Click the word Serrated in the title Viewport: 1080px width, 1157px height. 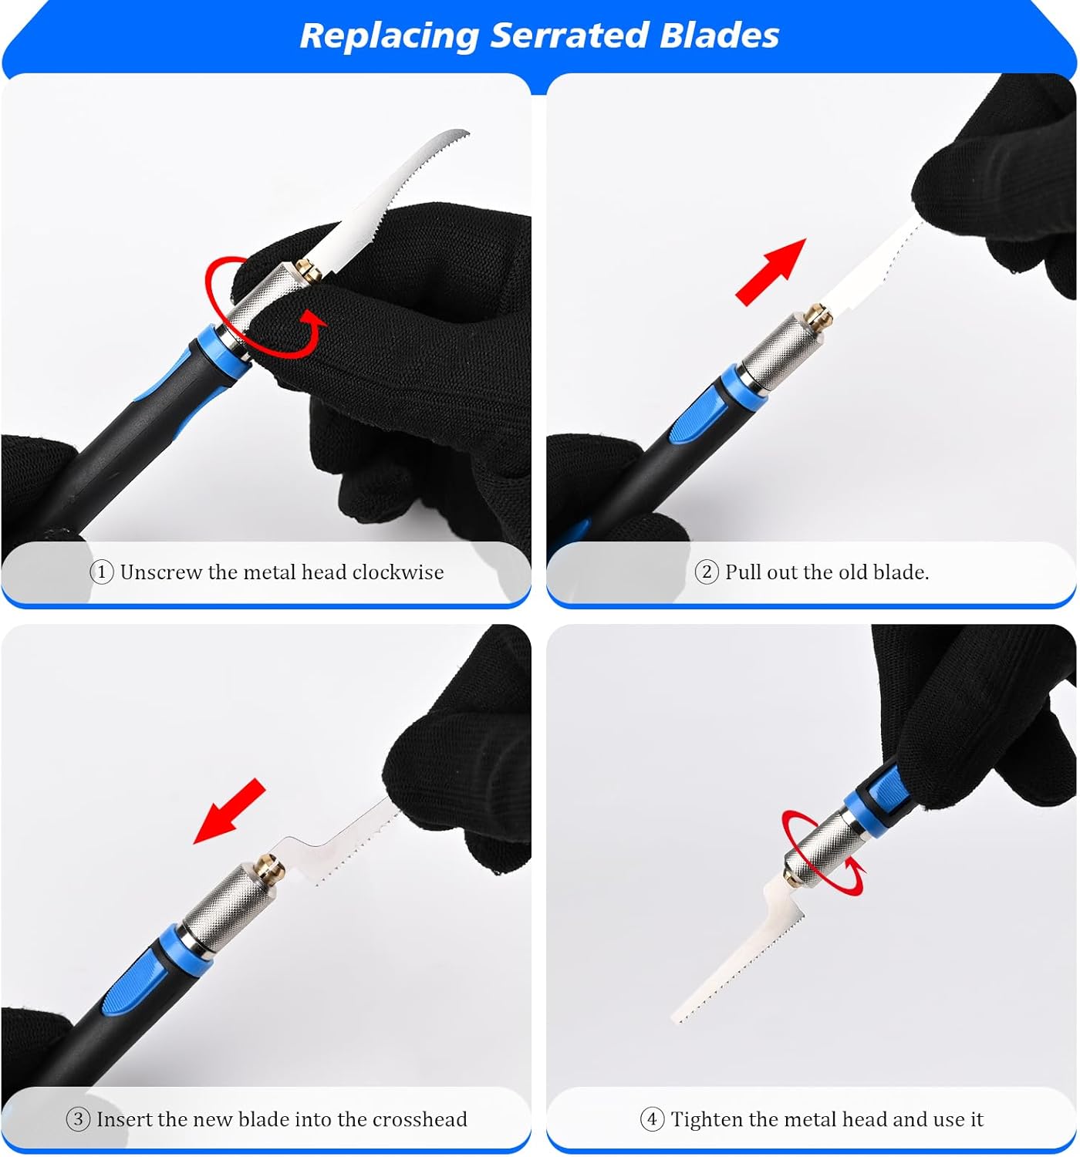[x=569, y=35]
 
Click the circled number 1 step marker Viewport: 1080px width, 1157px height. [x=101, y=572]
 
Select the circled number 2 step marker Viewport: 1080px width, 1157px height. [x=707, y=572]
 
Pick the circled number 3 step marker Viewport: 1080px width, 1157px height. [x=78, y=1119]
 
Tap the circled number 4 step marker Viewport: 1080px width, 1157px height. [x=652, y=1119]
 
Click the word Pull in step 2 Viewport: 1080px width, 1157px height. [x=743, y=572]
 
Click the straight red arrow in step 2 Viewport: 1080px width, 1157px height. [x=771, y=272]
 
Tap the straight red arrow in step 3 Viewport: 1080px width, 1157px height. [x=229, y=811]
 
